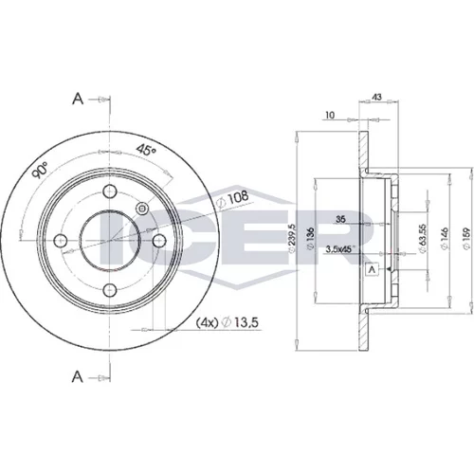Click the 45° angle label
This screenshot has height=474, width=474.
tap(146, 149)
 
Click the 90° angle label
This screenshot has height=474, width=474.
tap(41, 170)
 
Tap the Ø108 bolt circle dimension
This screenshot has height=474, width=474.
tap(233, 199)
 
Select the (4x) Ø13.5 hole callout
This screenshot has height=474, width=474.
tap(228, 322)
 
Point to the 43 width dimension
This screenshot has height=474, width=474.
tap(377, 97)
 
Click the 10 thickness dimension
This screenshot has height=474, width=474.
tap(330, 115)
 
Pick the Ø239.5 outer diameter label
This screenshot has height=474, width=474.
tap(291, 238)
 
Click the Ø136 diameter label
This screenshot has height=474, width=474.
tap(310, 239)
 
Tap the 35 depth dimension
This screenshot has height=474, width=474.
tap(340, 219)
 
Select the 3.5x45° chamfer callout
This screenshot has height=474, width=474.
tap(340, 249)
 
